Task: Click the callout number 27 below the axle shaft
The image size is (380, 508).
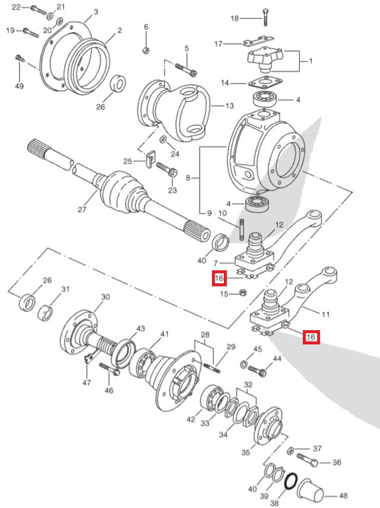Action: point(82,209)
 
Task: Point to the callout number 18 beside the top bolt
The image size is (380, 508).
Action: point(235,19)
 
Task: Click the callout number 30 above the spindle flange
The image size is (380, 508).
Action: point(105,297)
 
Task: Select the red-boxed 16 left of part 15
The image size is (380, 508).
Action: point(219,278)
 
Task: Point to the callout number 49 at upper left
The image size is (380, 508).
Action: point(19,87)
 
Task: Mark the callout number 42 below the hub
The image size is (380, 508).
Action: point(190,419)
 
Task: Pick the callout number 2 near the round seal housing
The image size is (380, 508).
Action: point(119,30)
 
